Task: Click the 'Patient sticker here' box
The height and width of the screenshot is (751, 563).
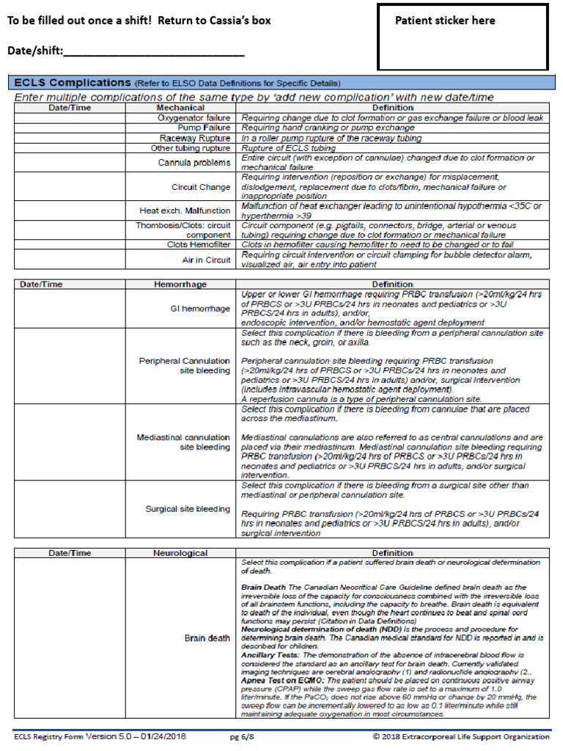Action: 462,37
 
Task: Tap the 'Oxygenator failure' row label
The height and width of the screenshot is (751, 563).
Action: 194,117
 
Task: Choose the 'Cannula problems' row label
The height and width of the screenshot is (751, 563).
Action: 194,162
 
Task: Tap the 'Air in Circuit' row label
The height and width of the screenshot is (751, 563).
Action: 206,260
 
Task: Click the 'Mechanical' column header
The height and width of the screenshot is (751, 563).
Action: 180,108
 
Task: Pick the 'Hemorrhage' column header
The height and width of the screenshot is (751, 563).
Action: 180,284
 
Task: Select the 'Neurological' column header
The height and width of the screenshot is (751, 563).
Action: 180,553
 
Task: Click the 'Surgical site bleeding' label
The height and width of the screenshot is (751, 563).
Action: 188,509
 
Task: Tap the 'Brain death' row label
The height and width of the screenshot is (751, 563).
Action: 207,638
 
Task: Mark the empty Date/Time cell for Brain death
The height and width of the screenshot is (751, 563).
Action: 70,638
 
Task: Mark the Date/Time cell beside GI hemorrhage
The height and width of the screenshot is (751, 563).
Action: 70,309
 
